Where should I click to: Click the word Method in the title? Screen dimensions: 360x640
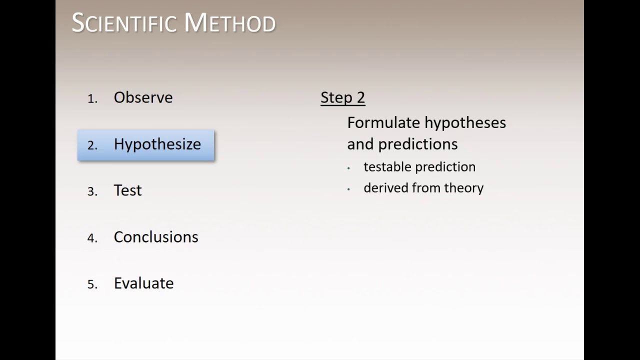click(x=229, y=23)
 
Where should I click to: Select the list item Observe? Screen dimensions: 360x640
click(x=143, y=97)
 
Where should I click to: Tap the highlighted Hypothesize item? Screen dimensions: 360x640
click(x=157, y=144)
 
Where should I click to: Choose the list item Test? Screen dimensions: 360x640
click(x=127, y=190)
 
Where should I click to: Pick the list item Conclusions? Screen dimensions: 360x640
click(x=156, y=237)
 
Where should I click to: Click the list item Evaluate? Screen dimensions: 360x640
click(x=143, y=283)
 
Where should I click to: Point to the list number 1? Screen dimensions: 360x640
click(x=92, y=99)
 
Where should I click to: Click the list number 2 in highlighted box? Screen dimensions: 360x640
click(x=92, y=145)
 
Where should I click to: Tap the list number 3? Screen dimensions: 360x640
click(x=92, y=192)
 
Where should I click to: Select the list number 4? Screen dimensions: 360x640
click(x=92, y=238)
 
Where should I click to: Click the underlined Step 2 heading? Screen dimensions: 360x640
click(x=342, y=97)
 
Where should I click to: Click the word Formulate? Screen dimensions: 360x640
click(x=383, y=122)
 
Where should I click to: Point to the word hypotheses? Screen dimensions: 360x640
click(x=465, y=122)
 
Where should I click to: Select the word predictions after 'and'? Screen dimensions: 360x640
click(x=418, y=144)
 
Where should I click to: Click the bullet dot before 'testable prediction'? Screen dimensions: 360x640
click(x=348, y=168)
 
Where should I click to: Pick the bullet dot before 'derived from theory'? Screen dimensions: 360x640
click(x=348, y=189)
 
